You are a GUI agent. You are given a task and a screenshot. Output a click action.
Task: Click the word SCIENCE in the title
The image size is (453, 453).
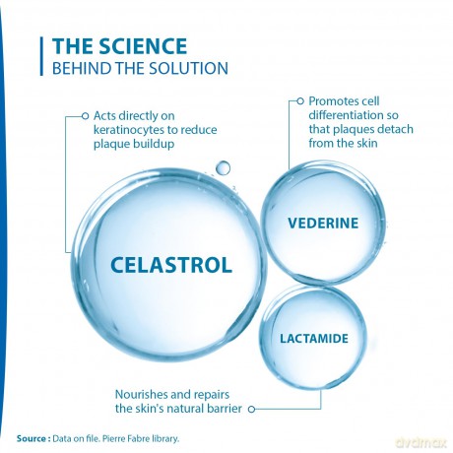point(143,46)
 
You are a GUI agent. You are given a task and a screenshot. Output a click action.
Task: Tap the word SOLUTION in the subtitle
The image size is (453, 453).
point(188,68)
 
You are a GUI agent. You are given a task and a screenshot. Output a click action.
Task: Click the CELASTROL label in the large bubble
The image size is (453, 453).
point(171,265)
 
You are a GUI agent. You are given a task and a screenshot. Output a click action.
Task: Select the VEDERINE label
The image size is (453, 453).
point(323,224)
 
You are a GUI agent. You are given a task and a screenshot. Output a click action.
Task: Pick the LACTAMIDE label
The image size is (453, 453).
point(314,339)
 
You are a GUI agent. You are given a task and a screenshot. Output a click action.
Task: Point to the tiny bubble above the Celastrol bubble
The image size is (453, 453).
point(224,167)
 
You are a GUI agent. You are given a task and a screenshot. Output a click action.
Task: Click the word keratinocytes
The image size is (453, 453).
point(129,130)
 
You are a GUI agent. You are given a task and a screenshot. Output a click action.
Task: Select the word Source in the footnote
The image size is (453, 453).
point(32,438)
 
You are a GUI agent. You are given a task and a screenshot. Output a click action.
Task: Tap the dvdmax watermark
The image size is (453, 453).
point(421,442)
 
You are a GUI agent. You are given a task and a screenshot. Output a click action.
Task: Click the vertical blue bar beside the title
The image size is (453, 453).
point(41,56)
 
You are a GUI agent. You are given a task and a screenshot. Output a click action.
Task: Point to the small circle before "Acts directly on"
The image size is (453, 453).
point(85,116)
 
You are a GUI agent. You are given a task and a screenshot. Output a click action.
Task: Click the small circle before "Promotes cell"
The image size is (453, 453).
point(300,101)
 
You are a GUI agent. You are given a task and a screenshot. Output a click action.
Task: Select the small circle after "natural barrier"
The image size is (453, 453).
point(251,409)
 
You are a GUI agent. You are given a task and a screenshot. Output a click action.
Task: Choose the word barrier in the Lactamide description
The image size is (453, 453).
point(225,409)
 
